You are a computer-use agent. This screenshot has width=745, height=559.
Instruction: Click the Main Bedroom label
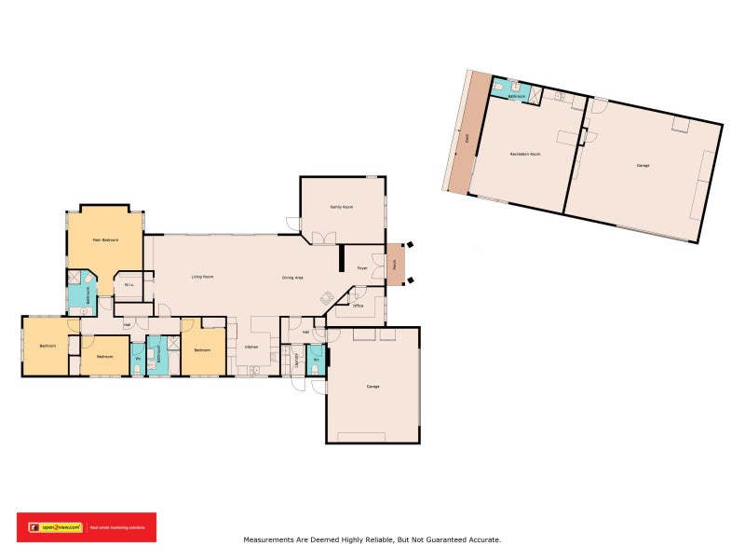103,240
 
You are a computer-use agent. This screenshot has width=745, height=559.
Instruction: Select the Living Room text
204,278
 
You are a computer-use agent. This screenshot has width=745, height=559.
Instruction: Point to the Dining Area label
293,278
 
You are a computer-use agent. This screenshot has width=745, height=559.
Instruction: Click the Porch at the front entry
395,264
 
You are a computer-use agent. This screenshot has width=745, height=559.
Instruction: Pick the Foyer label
361,268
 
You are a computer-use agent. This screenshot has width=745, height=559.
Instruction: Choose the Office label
357,306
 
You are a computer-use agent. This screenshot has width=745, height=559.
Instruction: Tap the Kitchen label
251,348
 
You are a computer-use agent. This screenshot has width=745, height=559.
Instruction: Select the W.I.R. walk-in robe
128,285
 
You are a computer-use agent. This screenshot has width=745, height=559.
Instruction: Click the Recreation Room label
524,154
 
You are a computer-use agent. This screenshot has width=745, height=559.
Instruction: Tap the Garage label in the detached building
643,165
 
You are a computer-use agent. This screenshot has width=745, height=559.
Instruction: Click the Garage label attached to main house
372,386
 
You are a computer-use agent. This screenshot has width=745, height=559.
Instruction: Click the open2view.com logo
56,527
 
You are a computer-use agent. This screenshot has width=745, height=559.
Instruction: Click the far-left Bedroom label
47,346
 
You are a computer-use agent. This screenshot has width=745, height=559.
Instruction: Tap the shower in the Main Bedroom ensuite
74,278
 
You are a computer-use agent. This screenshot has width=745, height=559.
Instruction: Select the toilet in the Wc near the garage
315,369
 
